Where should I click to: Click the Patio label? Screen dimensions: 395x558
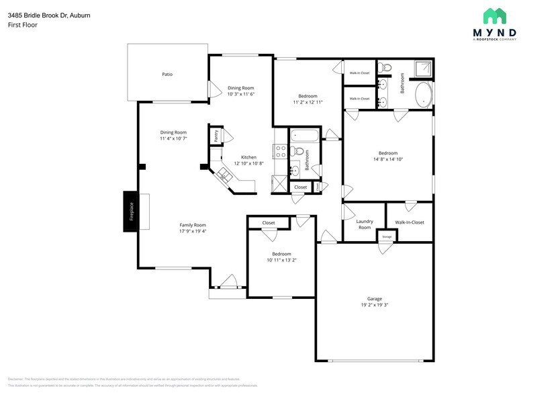coord(167,74)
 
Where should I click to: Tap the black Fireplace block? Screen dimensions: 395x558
coord(131,212)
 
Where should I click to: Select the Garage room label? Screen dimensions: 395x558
coord(374,298)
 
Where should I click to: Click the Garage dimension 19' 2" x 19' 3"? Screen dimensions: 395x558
coord(374,305)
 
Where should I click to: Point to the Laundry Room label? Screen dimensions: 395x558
coord(364,224)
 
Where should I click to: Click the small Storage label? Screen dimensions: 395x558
coord(387,237)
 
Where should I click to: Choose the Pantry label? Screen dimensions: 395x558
coord(216,135)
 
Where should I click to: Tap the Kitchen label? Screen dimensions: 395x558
coord(249,157)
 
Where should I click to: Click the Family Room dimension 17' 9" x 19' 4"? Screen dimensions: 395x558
coord(193,231)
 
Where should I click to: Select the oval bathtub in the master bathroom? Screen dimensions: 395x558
coord(424,95)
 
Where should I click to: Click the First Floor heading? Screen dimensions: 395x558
coord(22,25)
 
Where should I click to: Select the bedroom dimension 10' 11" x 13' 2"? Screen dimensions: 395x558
coord(281,261)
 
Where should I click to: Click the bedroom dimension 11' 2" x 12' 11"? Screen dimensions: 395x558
coord(308,102)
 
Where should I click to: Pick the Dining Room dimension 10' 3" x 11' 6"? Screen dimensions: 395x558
coord(240,94)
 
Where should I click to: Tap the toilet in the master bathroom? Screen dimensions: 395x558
coord(385,67)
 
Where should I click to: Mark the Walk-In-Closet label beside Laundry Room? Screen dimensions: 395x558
coord(409,222)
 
